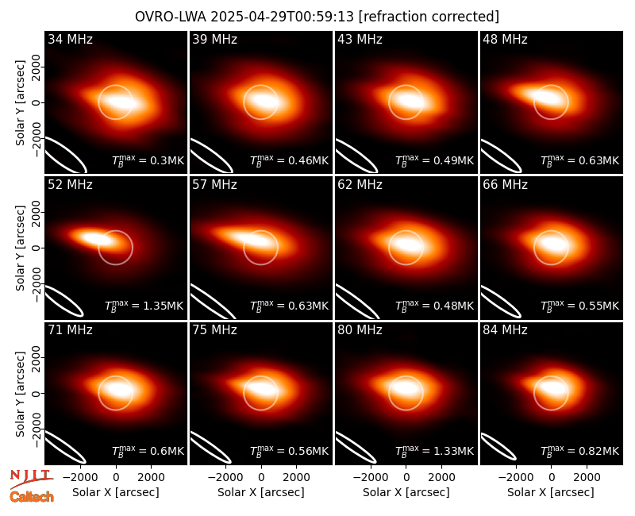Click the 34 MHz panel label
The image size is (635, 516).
click(70, 39)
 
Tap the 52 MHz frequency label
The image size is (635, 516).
click(70, 185)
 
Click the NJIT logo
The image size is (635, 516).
click(31, 479)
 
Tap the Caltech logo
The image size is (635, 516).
click(32, 497)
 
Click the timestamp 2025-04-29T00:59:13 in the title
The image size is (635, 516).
click(282, 17)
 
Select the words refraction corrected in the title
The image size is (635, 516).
click(429, 17)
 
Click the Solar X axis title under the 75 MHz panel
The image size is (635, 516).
click(261, 492)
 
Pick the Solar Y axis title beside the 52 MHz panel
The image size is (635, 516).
click(20, 248)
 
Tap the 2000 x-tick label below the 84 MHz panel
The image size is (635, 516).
click(587, 477)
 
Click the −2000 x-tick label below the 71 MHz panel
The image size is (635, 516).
click(80, 477)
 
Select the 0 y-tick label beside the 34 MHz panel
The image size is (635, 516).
click(36, 102)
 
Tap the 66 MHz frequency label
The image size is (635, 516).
click(505, 185)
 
